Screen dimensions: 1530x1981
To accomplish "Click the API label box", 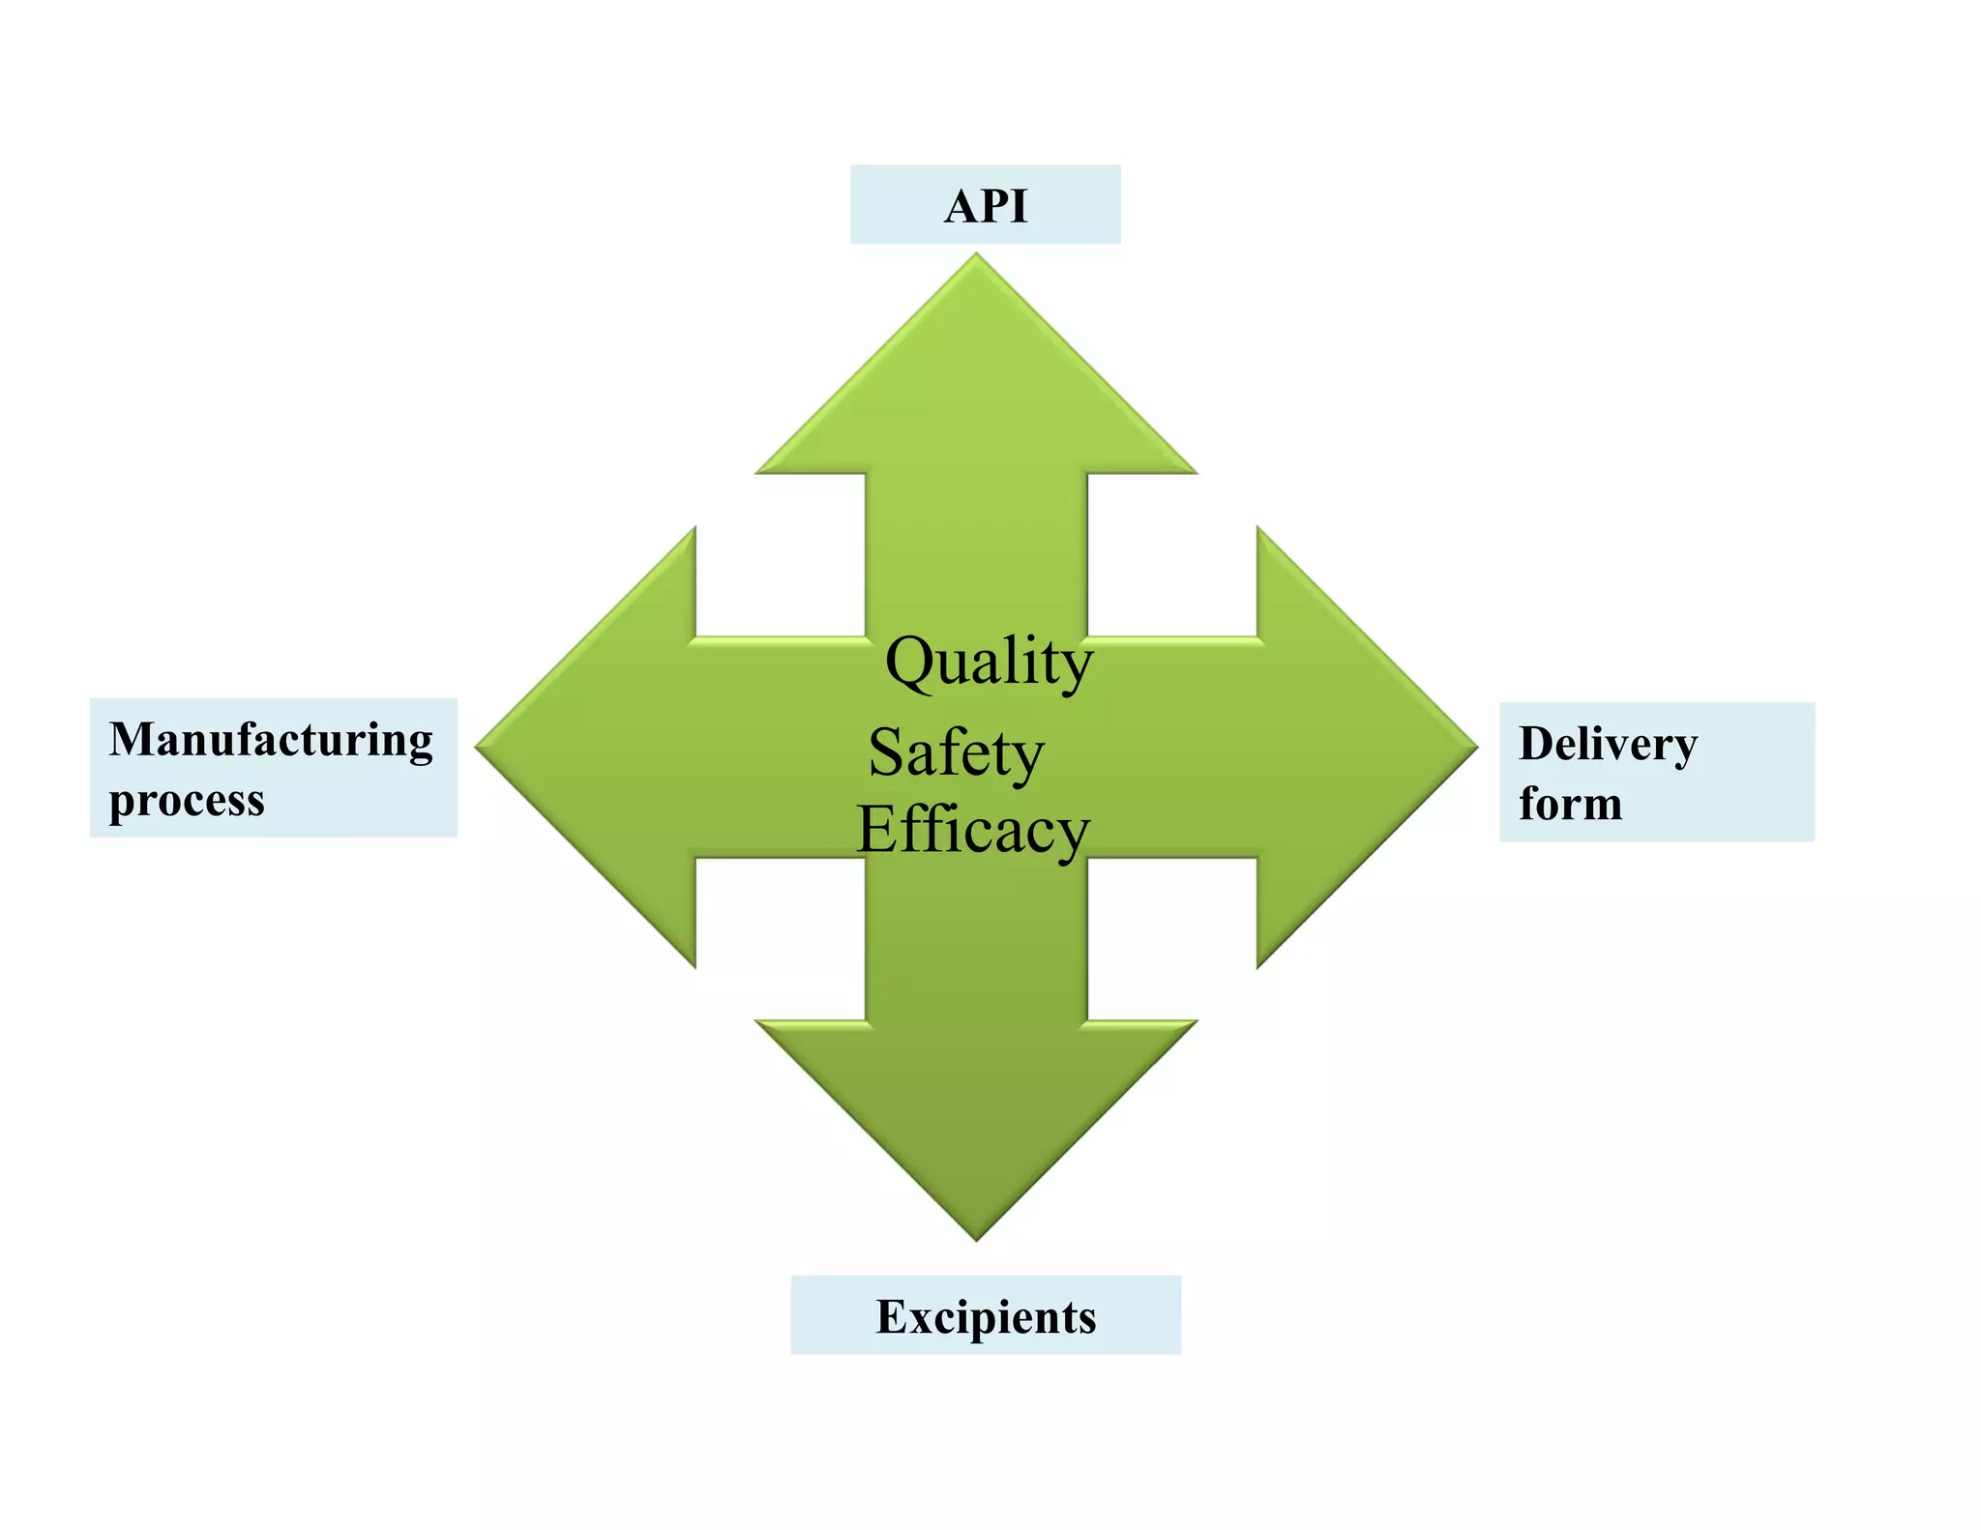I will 985,204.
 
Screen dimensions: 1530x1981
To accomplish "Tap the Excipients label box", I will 985,1313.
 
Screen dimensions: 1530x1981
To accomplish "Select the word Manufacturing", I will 271,741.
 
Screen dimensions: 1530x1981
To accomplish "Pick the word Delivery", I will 1608,745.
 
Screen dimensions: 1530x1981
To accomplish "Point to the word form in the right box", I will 1570,804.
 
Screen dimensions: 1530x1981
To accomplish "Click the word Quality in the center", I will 989,662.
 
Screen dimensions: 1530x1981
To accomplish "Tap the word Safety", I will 956,753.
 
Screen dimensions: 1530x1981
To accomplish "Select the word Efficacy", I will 973,831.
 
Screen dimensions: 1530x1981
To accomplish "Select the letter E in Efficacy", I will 878,829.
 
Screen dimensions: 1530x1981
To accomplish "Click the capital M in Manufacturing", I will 132,740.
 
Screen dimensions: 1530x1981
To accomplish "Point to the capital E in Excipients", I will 891,1316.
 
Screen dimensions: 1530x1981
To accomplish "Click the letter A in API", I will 961,206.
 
